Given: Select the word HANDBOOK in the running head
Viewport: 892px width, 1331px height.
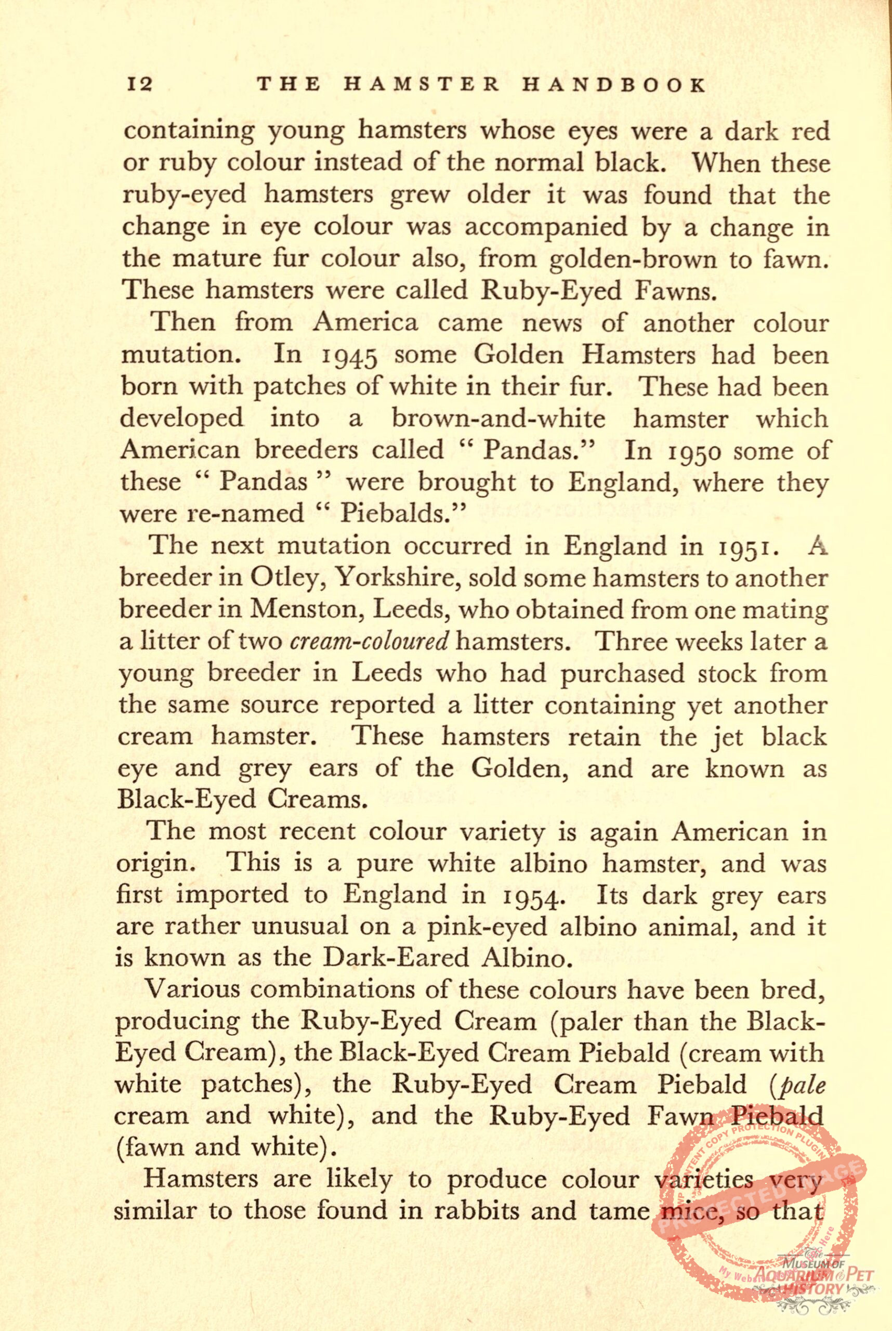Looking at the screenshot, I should click(614, 85).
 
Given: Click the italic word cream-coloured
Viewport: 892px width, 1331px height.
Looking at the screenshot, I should click(370, 642).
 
